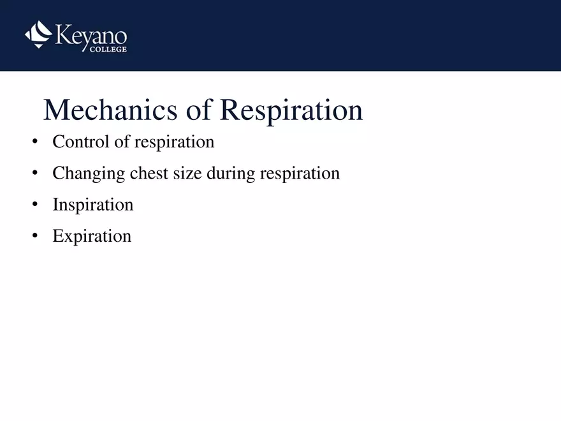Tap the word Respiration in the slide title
pyautogui.click(x=291, y=110)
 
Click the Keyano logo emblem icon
pyautogui.click(x=38, y=34)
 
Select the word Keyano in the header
pyautogui.click(x=91, y=34)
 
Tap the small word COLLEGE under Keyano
pyautogui.click(x=106, y=49)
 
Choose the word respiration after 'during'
pyautogui.click(x=300, y=173)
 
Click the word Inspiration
pyautogui.click(x=93, y=205)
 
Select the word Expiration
pyautogui.click(x=92, y=236)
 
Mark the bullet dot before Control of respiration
pyautogui.click(x=34, y=142)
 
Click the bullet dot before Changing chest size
pyautogui.click(x=34, y=173)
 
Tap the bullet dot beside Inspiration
pyautogui.click(x=34, y=205)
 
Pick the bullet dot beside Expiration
pyautogui.click(x=34, y=236)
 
